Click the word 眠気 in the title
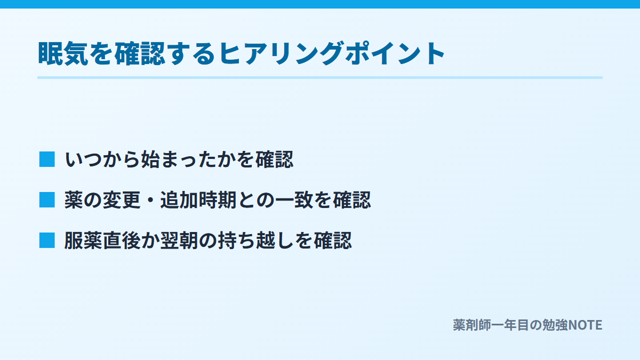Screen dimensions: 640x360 click(x=63, y=53)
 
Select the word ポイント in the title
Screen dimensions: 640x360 click(x=395, y=53)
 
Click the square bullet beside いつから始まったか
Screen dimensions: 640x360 click(x=47, y=159)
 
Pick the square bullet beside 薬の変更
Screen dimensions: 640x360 click(x=47, y=199)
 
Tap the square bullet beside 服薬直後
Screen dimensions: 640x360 click(x=47, y=241)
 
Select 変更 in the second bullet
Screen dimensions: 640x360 click(x=122, y=199)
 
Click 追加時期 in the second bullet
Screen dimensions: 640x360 click(x=198, y=199)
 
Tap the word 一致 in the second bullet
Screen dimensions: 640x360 click(x=294, y=199)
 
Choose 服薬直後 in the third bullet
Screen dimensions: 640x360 click(x=102, y=241)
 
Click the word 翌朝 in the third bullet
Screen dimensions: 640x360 click(x=179, y=241)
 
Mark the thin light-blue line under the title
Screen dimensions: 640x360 click(x=320, y=77)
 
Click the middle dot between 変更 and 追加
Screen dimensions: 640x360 click(x=150, y=200)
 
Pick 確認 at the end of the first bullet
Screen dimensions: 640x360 click(x=275, y=159)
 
